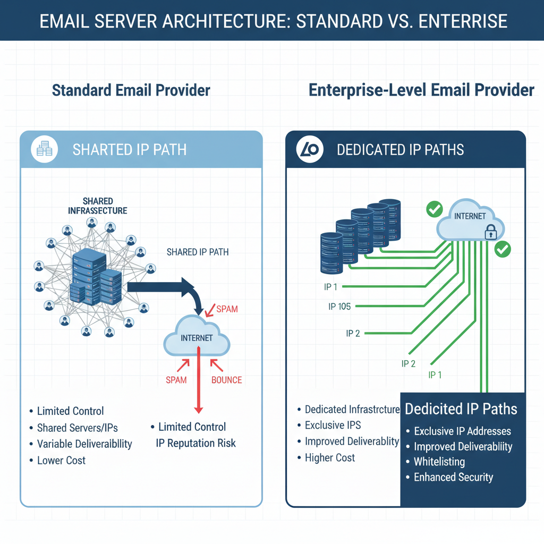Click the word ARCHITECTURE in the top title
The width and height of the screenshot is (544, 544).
click(225, 21)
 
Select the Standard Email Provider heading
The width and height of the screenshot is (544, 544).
click(131, 90)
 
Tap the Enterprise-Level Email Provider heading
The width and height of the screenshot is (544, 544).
click(421, 90)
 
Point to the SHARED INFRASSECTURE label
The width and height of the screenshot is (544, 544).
click(98, 206)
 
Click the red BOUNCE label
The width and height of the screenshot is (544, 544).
click(226, 380)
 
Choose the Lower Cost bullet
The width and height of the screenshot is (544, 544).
click(61, 460)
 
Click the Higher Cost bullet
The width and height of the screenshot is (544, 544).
click(329, 457)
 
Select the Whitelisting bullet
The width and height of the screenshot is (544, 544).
click(439, 462)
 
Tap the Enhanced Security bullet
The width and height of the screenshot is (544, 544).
click(453, 477)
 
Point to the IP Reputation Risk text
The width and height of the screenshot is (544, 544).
click(195, 443)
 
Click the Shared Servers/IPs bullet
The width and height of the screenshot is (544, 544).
click(77, 428)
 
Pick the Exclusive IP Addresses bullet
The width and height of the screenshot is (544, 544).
click(462, 431)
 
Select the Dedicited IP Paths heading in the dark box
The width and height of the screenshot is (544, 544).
click(461, 409)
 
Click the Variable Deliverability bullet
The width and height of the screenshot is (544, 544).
click(84, 444)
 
